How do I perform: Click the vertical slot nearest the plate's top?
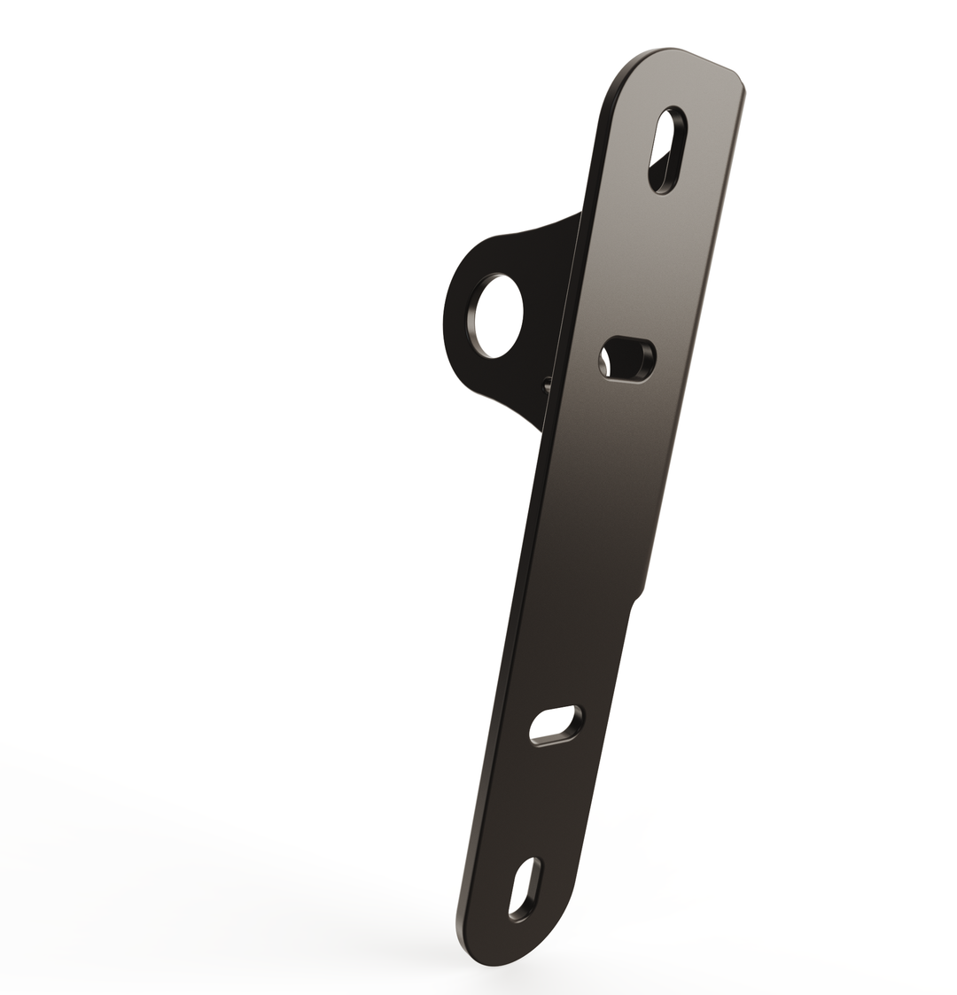pos(667,150)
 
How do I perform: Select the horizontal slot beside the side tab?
pos(627,359)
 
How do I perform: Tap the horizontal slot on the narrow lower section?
pos(556,725)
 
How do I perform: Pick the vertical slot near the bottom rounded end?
pos(525,890)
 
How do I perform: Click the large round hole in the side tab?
pos(498,315)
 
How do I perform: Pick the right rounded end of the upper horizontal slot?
pos(649,356)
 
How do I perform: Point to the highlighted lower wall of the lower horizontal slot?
pos(555,739)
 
